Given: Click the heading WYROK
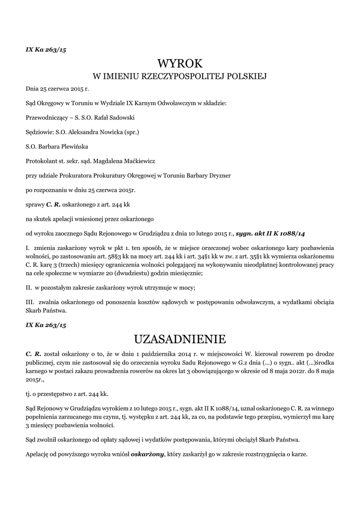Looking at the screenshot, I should tap(180, 63).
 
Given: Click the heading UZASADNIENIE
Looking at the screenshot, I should tap(180, 339).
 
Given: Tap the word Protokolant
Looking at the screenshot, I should tap(41, 161).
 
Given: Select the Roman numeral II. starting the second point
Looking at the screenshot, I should tap(29, 287).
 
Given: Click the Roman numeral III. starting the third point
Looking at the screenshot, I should tap(30, 302).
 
